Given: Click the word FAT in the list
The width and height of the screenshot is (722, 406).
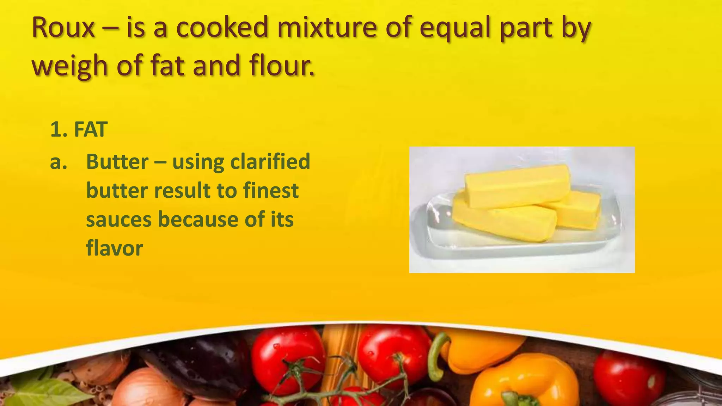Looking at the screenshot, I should pyautogui.click(x=91, y=129).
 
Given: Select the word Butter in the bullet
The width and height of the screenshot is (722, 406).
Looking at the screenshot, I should pyautogui.click(x=117, y=162).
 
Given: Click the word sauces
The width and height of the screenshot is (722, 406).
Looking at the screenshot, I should pyautogui.click(x=119, y=220).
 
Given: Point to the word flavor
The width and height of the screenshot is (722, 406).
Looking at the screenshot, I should pyautogui.click(x=115, y=248).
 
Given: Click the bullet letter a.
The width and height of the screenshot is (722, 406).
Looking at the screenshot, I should pyautogui.click(x=59, y=162).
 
